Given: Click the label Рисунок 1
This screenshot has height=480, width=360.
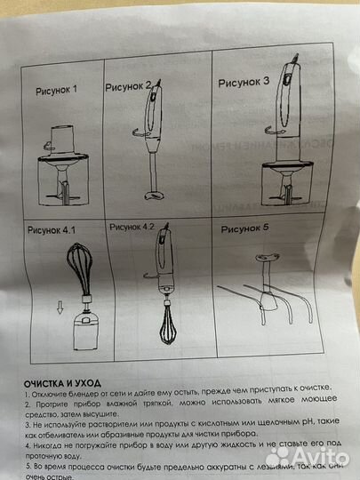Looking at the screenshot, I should [x=57, y=90].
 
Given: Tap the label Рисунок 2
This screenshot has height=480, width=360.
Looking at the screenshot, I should [x=129, y=86].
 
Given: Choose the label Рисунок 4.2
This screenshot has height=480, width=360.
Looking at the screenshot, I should [x=132, y=228].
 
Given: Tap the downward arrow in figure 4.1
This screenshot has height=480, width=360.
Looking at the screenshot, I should [x=60, y=311].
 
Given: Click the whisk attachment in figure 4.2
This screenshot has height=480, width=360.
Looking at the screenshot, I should [x=167, y=337].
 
